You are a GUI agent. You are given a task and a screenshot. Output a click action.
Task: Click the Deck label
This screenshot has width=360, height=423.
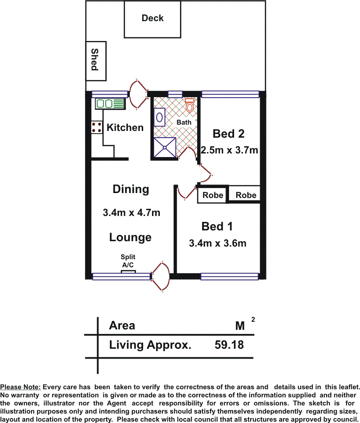[x=153, y=18]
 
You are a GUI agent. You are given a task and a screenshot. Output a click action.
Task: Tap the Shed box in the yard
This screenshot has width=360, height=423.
[x=96, y=61]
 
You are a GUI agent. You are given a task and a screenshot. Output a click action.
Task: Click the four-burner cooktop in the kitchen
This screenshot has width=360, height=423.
[x=97, y=127]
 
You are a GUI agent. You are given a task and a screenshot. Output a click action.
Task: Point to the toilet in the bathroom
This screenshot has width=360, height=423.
[x=189, y=106]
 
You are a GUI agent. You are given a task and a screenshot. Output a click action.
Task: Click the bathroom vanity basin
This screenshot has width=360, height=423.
[x=159, y=117]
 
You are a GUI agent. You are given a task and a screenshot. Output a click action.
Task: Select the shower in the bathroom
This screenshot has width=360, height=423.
[x=165, y=147]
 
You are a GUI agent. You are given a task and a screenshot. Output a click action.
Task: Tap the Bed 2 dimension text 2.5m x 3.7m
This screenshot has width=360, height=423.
[x=229, y=150]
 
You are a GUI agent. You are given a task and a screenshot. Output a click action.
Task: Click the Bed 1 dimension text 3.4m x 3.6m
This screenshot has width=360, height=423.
[x=217, y=243]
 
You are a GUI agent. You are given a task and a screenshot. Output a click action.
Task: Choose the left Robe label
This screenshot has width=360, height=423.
[x=213, y=195]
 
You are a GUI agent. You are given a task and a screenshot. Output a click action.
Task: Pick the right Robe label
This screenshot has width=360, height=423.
[x=246, y=195]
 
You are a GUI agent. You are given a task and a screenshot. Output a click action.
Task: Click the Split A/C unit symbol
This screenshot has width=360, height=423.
[x=128, y=272]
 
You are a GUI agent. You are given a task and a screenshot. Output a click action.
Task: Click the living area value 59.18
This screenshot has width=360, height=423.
[x=229, y=345]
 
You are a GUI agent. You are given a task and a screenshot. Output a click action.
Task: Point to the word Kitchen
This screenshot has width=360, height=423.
[x=125, y=128]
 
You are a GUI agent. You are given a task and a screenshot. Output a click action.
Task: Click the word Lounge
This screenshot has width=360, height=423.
[x=130, y=238]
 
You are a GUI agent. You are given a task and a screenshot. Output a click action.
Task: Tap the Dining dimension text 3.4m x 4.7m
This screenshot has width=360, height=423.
[x=131, y=212]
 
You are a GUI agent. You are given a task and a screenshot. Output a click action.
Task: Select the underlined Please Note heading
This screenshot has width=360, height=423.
[x=21, y=387]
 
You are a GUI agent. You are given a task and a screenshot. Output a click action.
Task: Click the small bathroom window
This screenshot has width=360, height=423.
[x=175, y=94]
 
